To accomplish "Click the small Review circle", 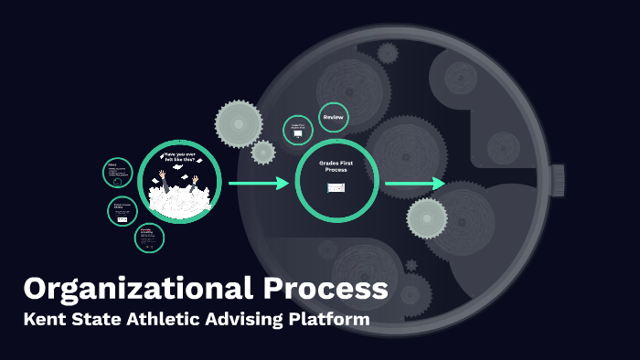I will point(333,117).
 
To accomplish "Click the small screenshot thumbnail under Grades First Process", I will point(336,187).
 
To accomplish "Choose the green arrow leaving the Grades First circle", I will point(414,184).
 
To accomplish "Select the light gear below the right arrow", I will point(427,218).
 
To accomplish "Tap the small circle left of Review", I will point(297,131).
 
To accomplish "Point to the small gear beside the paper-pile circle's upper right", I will point(263,152).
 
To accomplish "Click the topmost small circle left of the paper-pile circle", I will point(118,173).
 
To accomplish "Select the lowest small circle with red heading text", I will point(149,238).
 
